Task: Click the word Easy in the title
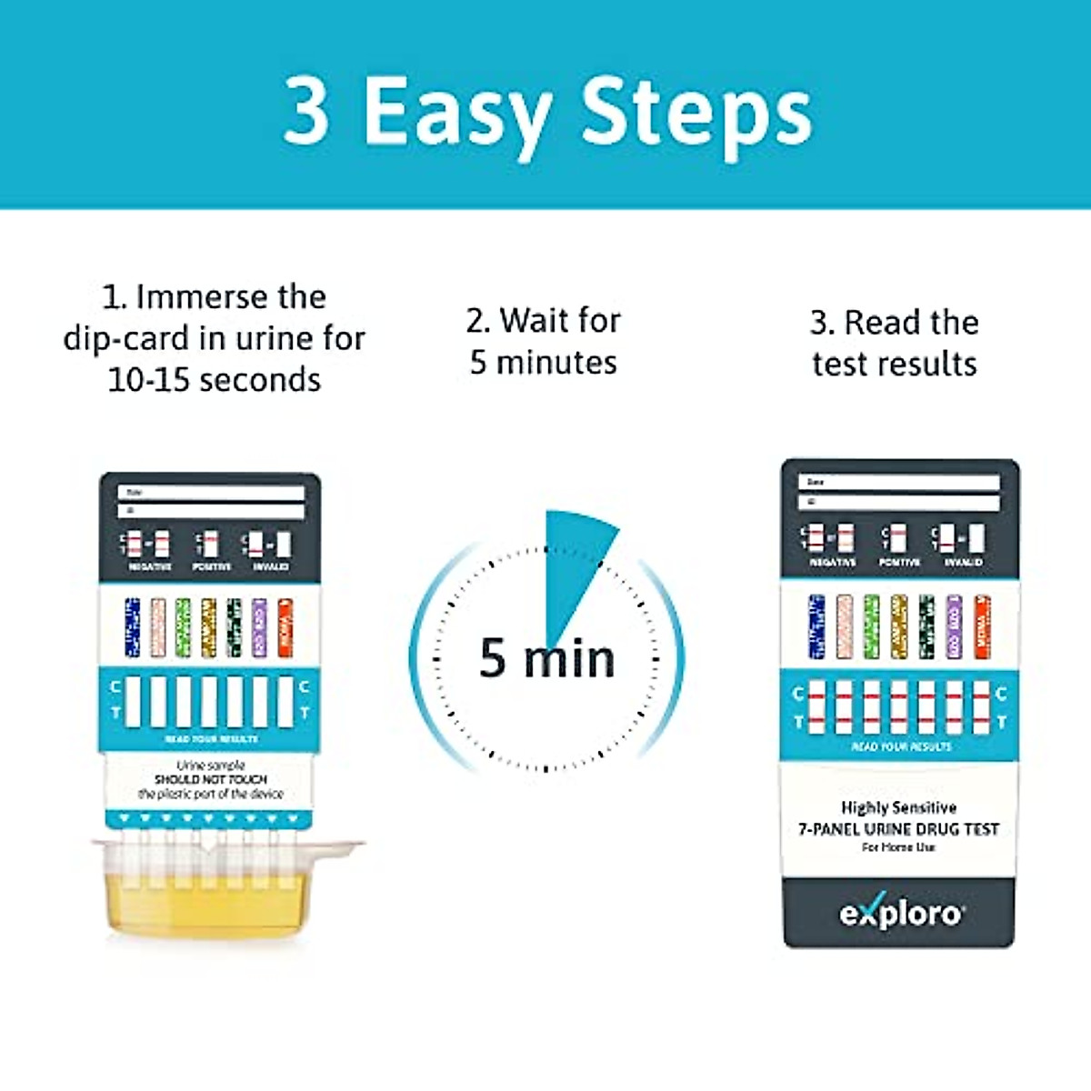click(x=456, y=112)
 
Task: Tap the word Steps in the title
click(x=696, y=112)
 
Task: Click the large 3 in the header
click(x=306, y=110)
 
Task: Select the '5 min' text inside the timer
click(x=546, y=658)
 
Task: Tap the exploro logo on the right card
click(x=899, y=912)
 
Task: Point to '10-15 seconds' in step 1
click(x=214, y=379)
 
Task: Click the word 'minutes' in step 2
click(x=556, y=363)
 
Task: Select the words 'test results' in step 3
click(x=895, y=364)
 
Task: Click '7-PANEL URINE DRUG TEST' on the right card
click(x=898, y=829)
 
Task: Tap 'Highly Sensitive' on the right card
click(x=898, y=807)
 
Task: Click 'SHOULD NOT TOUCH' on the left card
click(x=211, y=779)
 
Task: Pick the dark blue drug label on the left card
click(x=132, y=627)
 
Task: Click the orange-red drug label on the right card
click(x=982, y=626)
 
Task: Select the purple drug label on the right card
click(x=954, y=626)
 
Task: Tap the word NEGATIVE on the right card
click(x=832, y=563)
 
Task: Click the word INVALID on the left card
click(x=270, y=566)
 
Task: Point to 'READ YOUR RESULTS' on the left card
click(x=211, y=739)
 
